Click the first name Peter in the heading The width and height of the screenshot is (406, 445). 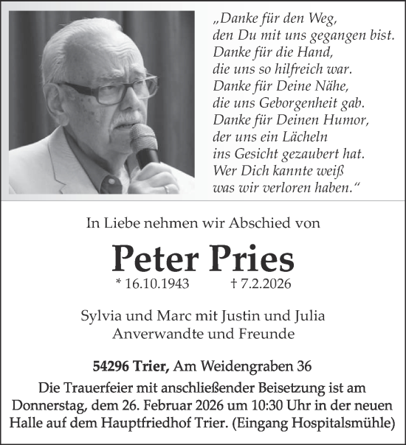tap(154, 258)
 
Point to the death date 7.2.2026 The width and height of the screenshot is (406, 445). tap(263, 284)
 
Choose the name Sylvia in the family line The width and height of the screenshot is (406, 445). tap(103, 316)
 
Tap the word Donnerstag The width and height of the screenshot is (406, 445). tap(46, 407)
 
